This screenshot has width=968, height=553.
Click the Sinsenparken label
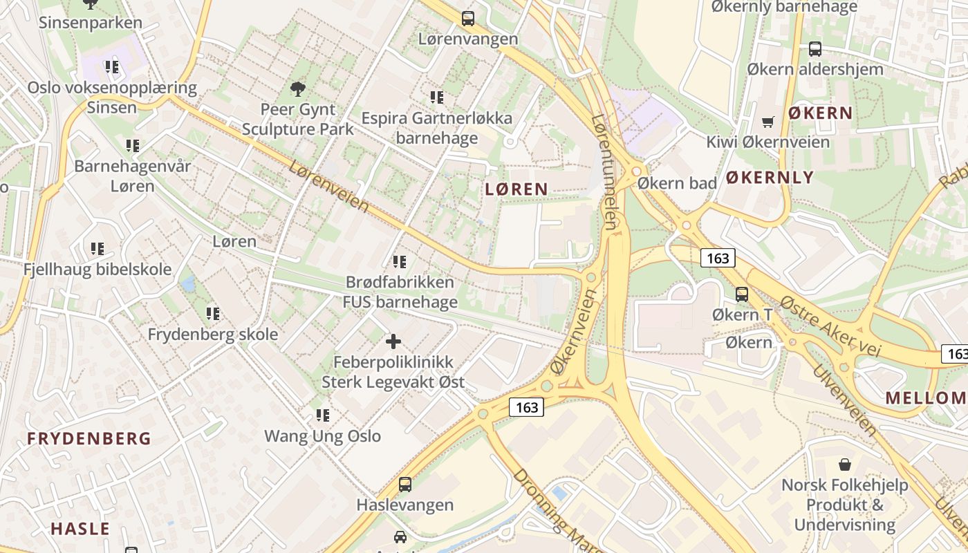tap(91, 23)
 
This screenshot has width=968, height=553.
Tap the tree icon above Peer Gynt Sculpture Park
tap(298, 88)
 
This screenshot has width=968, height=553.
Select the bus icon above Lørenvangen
tap(468, 19)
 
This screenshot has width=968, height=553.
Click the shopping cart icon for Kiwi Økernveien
tap(767, 122)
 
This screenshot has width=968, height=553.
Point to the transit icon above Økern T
tap(742, 294)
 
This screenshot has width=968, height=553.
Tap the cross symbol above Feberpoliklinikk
tap(393, 341)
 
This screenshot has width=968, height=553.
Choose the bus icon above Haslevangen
tap(405, 485)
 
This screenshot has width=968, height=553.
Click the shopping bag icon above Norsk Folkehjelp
tap(844, 464)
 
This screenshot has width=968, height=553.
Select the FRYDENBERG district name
tap(89, 438)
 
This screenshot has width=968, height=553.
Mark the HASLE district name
tap(80, 529)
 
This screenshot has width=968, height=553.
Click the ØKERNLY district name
tap(770, 178)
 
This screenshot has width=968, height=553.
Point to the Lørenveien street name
tap(329, 187)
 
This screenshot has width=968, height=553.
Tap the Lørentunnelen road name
tap(604, 171)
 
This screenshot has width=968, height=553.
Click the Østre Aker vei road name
tap(830, 326)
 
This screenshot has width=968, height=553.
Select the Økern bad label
tap(677, 183)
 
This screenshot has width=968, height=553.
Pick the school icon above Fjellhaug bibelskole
tap(97, 248)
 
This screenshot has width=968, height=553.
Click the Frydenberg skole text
tap(213, 335)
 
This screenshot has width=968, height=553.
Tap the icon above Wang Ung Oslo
tap(323, 415)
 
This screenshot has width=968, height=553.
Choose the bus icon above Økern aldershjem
tap(815, 49)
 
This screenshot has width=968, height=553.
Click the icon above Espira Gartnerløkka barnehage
tap(437, 97)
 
